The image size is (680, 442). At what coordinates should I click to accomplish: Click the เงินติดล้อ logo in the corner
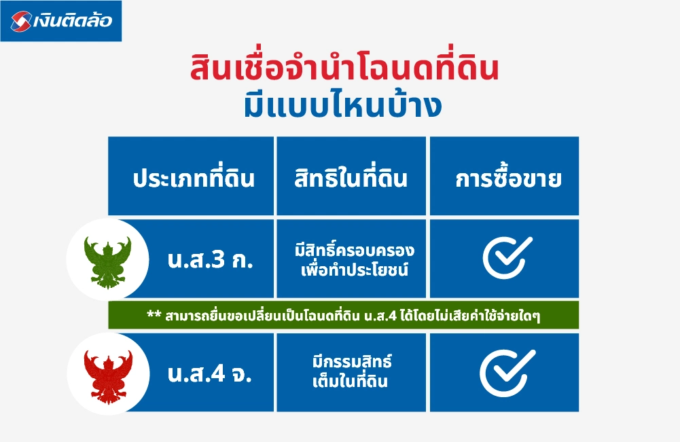pyautogui.click(x=61, y=20)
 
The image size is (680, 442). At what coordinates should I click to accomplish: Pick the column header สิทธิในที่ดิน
pyautogui.click(x=351, y=179)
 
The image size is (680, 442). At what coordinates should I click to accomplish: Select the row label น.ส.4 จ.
pyautogui.click(x=209, y=374)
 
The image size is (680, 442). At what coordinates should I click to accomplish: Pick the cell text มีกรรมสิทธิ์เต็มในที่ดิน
pyautogui.click(x=351, y=372)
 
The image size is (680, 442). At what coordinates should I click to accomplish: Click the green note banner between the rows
pyautogui.click(x=343, y=316)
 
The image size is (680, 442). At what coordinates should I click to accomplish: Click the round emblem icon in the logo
pyautogui.click(x=21, y=21)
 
